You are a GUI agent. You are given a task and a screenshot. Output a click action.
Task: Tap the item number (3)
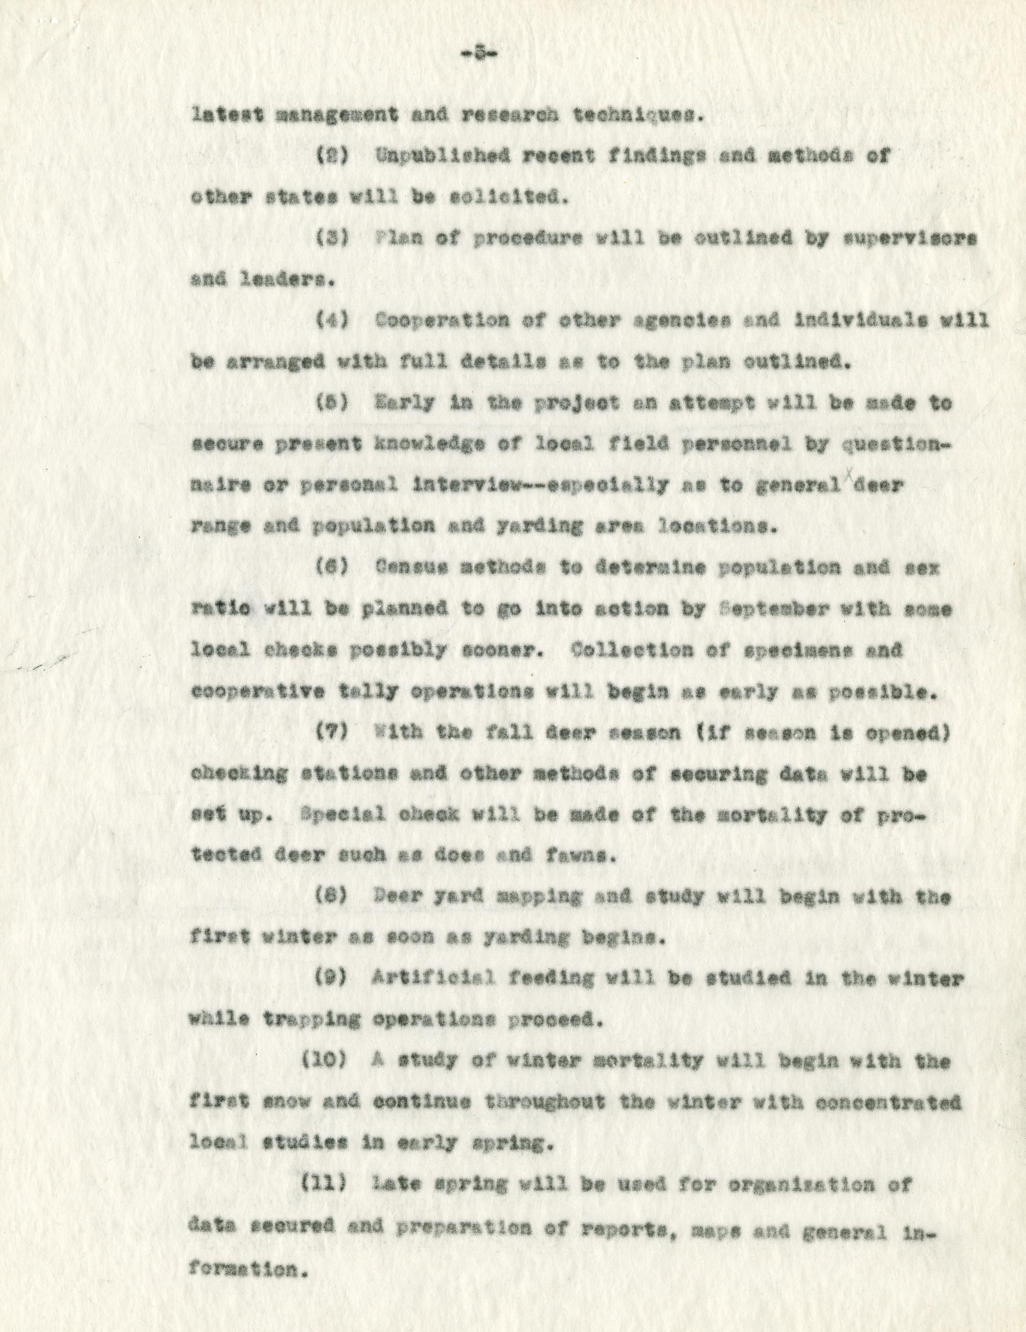332,239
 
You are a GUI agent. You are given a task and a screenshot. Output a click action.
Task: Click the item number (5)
332,404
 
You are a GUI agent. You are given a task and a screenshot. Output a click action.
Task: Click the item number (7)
332,733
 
